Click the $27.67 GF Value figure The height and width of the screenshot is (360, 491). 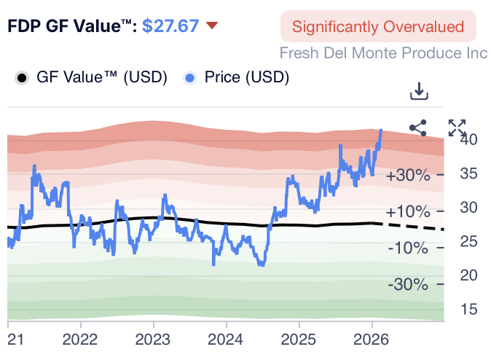[170, 26]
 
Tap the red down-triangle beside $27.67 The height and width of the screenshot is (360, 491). [212, 26]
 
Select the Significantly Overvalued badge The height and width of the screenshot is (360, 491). [377, 27]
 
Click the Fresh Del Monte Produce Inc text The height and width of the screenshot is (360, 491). [383, 53]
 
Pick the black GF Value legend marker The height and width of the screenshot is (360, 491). [23, 77]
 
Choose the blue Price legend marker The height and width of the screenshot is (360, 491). [191, 77]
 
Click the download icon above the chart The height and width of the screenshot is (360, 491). [418, 92]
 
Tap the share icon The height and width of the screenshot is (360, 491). [418, 128]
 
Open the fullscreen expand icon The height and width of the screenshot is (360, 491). [457, 128]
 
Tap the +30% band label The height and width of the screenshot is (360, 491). [408, 176]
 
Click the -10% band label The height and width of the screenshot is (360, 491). [409, 248]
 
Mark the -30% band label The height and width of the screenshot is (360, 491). [409, 283]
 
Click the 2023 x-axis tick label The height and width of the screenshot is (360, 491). [153, 340]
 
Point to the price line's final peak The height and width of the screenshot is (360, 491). [381, 131]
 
